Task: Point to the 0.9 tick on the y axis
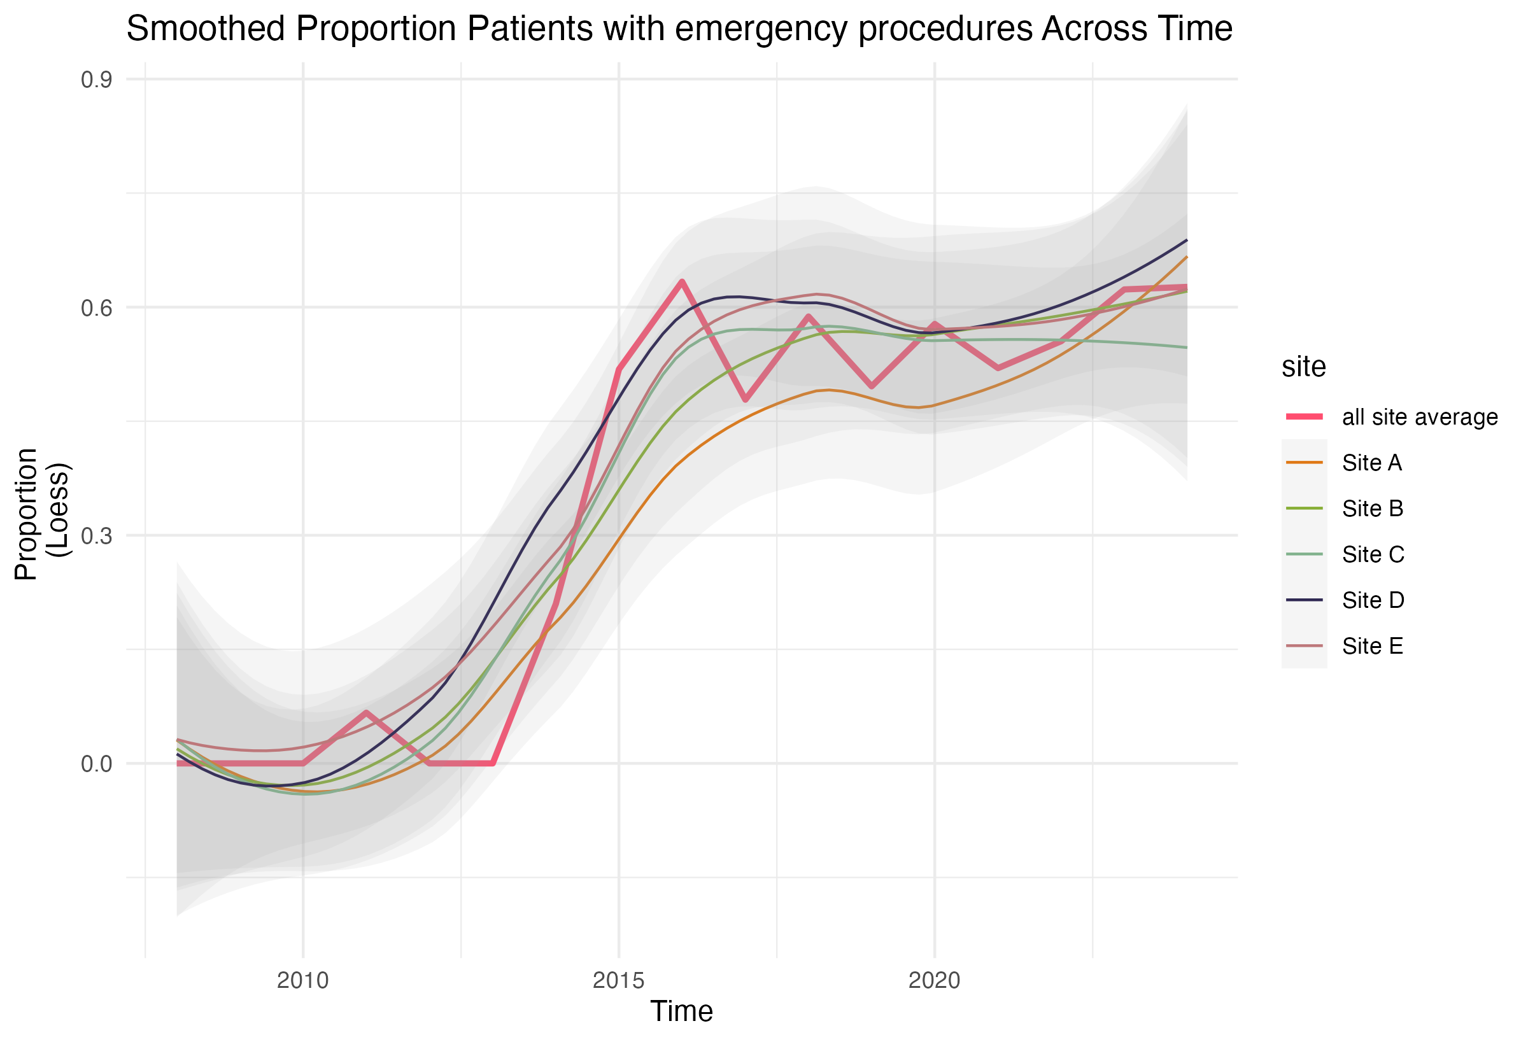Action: point(97,80)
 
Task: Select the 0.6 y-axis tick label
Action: point(97,307)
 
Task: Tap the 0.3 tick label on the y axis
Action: point(97,535)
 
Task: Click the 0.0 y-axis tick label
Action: point(97,763)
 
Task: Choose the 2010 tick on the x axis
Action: point(302,980)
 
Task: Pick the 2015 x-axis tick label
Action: point(619,980)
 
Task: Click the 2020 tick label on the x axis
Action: point(934,980)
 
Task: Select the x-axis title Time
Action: point(681,1011)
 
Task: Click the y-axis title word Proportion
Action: point(26,514)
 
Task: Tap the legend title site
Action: point(1304,366)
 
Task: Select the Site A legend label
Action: point(1372,463)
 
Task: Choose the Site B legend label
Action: point(1373,508)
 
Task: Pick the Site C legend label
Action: point(1373,554)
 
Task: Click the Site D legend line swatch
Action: point(1305,600)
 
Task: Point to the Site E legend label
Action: point(1373,646)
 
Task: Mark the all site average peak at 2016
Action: point(683,282)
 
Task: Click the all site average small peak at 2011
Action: point(366,713)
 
